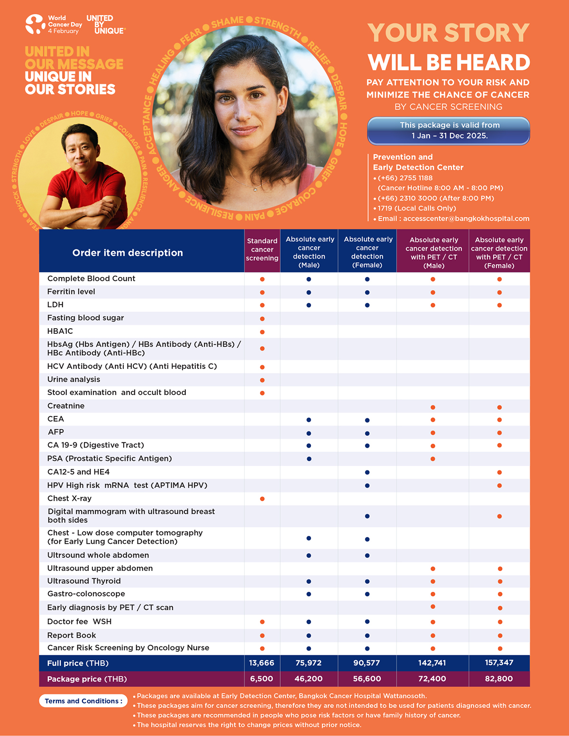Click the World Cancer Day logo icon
35,24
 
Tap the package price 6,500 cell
262,679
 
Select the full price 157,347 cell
499,662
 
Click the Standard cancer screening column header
262,249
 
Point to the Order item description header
128,253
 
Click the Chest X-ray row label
69,498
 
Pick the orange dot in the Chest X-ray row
262,499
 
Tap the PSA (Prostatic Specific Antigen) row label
110,459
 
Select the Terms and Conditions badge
83,701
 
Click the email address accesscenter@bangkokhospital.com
466,219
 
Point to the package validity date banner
449,130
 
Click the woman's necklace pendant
255,189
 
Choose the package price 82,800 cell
499,679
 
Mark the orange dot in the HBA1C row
262,332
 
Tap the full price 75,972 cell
309,662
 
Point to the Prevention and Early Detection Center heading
418,162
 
